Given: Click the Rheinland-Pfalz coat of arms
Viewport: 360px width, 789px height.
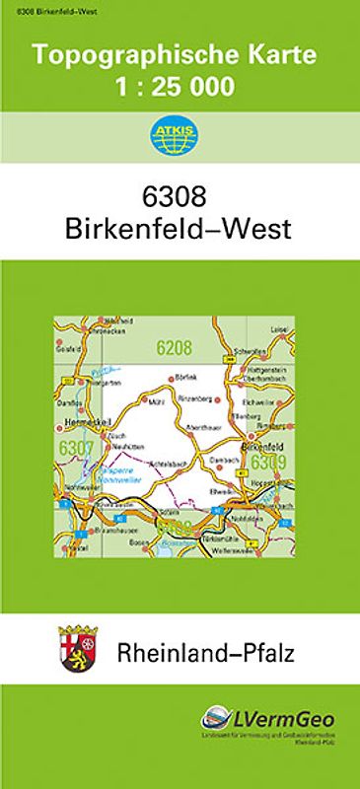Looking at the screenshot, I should pos(80,652).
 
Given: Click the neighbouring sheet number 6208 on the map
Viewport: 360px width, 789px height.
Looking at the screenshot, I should pos(174,346).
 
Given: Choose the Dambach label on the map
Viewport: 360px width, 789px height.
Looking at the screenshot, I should pos(225,460).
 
